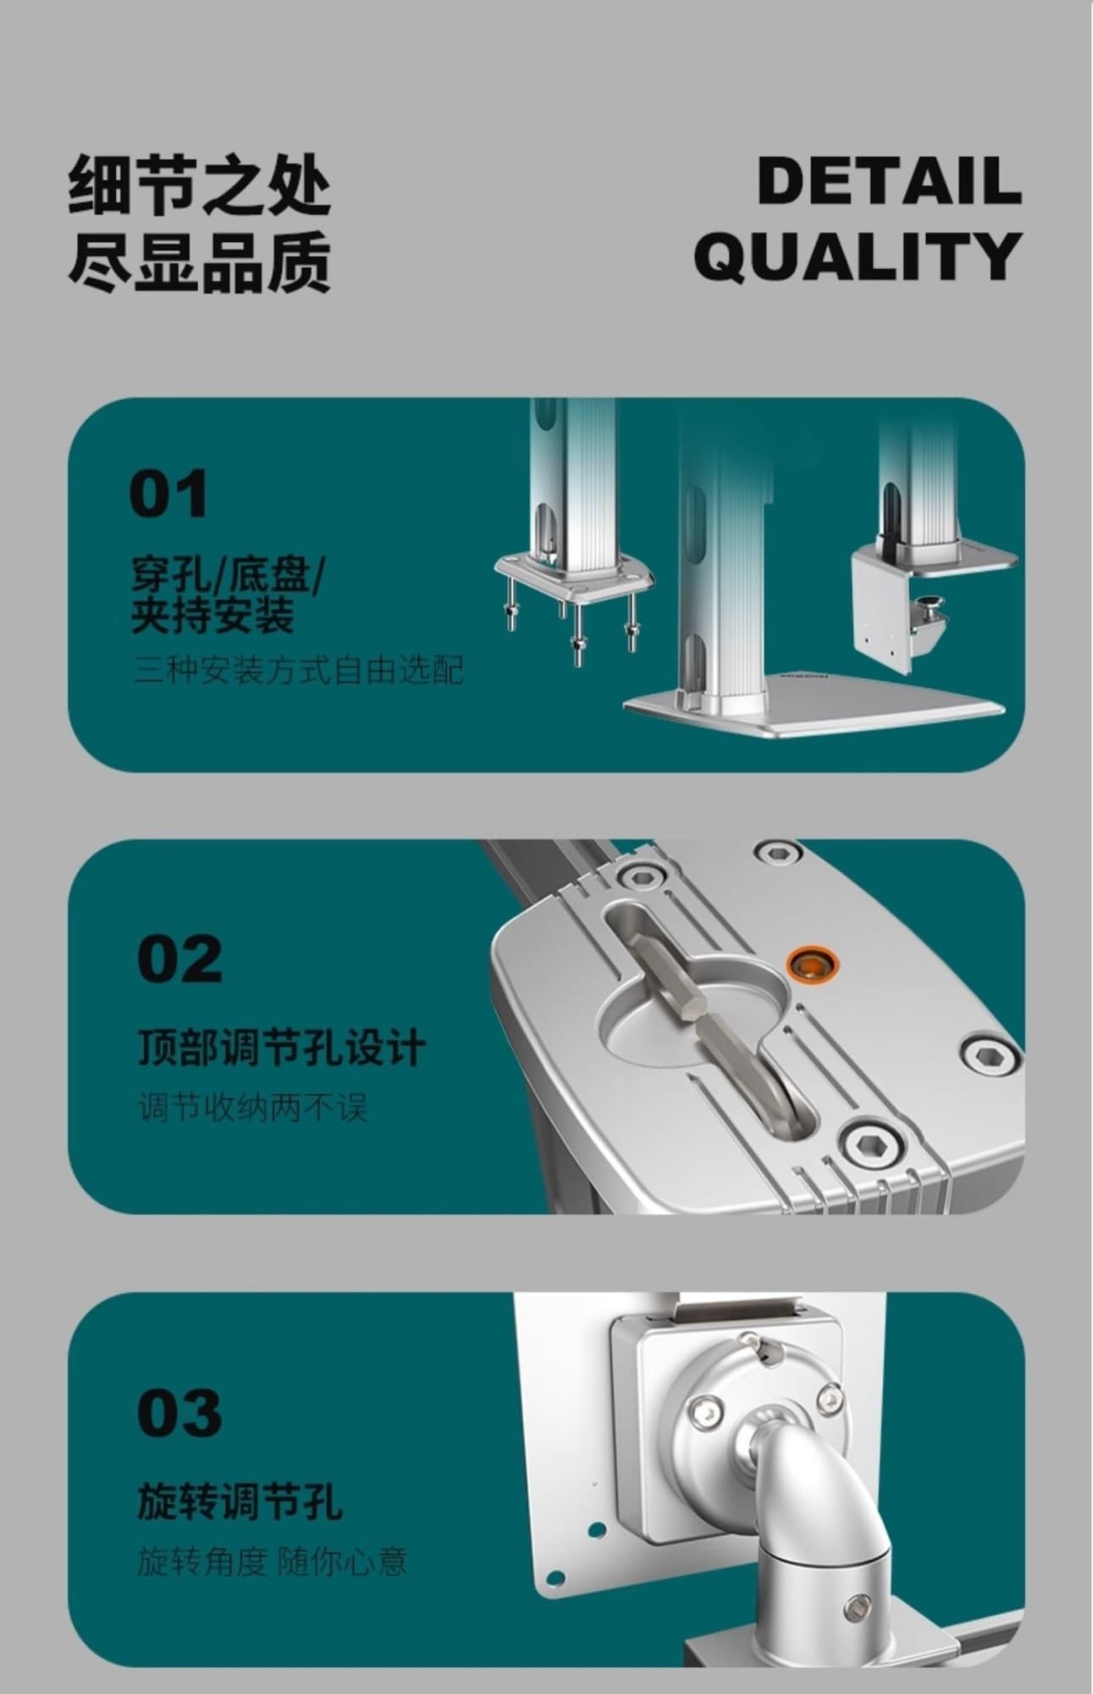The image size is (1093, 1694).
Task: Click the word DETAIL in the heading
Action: (x=890, y=180)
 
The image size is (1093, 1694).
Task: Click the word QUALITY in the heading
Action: (x=858, y=255)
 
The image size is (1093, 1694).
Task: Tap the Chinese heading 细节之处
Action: (x=199, y=183)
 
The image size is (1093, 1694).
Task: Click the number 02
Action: (x=179, y=959)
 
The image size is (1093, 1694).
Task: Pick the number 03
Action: (x=179, y=1413)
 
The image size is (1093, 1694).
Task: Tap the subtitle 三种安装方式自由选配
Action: (x=299, y=671)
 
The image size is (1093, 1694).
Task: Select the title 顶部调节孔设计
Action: (x=281, y=1048)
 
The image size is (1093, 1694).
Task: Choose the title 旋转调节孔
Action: (x=240, y=1502)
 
